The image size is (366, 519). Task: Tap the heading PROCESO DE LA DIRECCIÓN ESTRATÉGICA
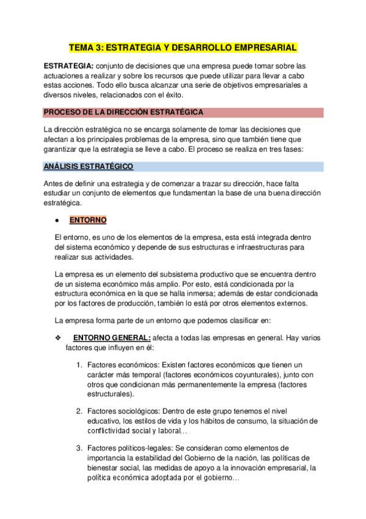(x=123, y=112)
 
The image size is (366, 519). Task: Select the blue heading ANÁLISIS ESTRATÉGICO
(x=89, y=166)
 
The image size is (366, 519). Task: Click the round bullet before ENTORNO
(x=56, y=220)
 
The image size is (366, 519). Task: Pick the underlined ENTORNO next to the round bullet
(x=88, y=220)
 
